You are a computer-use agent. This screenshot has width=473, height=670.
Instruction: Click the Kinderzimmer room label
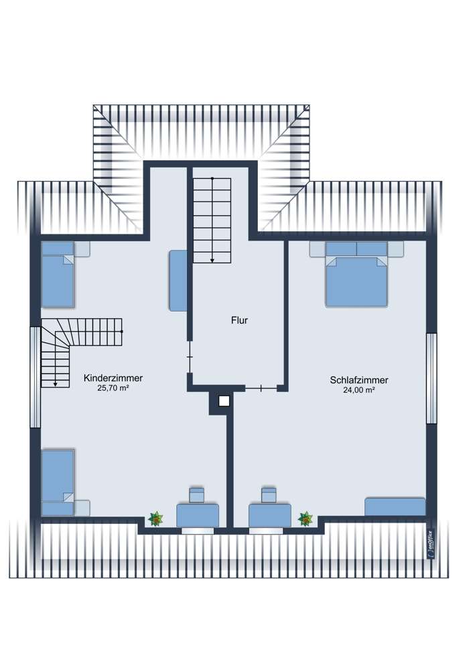point(113,379)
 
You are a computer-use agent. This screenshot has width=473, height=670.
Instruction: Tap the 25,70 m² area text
point(113,389)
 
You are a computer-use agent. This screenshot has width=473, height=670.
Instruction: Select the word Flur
point(239,321)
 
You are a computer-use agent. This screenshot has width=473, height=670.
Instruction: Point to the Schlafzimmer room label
point(359,380)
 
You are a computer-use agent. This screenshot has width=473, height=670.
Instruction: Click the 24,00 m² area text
point(359,390)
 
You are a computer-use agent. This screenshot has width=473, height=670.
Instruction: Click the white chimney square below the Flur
point(224,402)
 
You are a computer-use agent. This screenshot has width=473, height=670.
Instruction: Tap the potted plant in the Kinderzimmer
point(156,518)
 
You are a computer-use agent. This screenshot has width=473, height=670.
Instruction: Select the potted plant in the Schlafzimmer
point(306,518)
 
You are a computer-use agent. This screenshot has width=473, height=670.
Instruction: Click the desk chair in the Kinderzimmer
point(197,495)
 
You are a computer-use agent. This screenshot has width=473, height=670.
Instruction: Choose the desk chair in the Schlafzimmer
point(269,495)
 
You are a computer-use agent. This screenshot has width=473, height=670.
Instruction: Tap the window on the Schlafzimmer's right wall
point(431,378)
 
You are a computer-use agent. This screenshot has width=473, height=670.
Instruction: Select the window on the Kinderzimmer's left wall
point(34,377)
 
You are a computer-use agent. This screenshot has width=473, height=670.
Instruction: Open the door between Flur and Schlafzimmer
point(261,388)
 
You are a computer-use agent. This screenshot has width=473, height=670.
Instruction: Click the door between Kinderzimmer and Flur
point(190,358)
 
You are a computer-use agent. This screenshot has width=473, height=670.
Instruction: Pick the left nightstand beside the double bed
point(317,249)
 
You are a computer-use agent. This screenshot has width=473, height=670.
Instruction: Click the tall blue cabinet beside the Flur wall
point(177,281)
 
